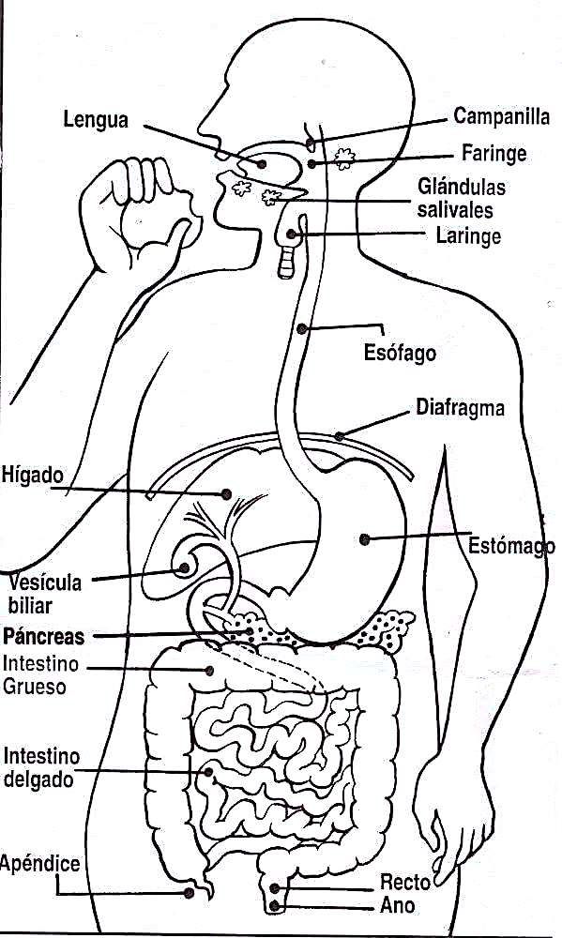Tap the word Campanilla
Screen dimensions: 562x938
pyautogui.click(x=502, y=115)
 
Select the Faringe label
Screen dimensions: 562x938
pyautogui.click(x=494, y=153)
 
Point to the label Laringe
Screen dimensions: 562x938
pyautogui.click(x=468, y=235)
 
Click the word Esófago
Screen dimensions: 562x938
pyautogui.click(x=400, y=352)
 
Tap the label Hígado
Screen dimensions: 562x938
pyautogui.click(x=32, y=475)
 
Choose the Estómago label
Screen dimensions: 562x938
pyautogui.click(x=511, y=546)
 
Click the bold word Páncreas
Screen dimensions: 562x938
pyautogui.click(x=44, y=636)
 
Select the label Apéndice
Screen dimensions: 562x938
pyautogui.click(x=40, y=863)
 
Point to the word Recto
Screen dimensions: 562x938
pyautogui.click(x=405, y=882)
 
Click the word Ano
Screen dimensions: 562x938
pyautogui.click(x=398, y=905)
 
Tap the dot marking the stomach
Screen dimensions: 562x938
pyautogui.click(x=364, y=539)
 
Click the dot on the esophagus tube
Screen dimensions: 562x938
pyautogui.click(x=302, y=328)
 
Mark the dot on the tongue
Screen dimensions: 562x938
pyautogui.click(x=262, y=163)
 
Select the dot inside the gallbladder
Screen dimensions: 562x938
pyautogui.click(x=184, y=567)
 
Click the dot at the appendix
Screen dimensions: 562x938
pyautogui.click(x=190, y=893)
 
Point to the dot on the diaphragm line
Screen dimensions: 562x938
pyautogui.click(x=340, y=436)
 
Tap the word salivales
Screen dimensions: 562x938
pyautogui.click(x=455, y=209)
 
